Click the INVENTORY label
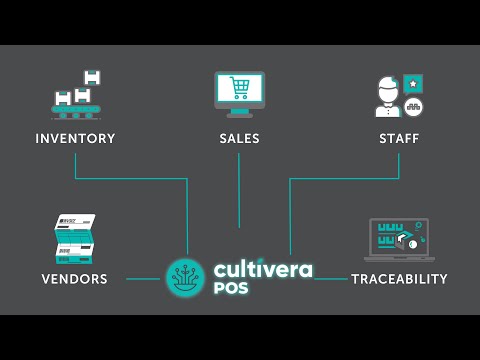click(x=75, y=138)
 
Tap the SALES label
click(x=239, y=138)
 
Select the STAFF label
click(x=399, y=138)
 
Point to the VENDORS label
click(x=75, y=279)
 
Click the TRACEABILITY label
click(x=399, y=279)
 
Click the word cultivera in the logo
click(x=262, y=269)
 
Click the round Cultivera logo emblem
click(x=185, y=278)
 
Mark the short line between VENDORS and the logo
click(x=142, y=279)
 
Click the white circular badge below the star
click(x=412, y=107)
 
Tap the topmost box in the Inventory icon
click(x=92, y=77)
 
